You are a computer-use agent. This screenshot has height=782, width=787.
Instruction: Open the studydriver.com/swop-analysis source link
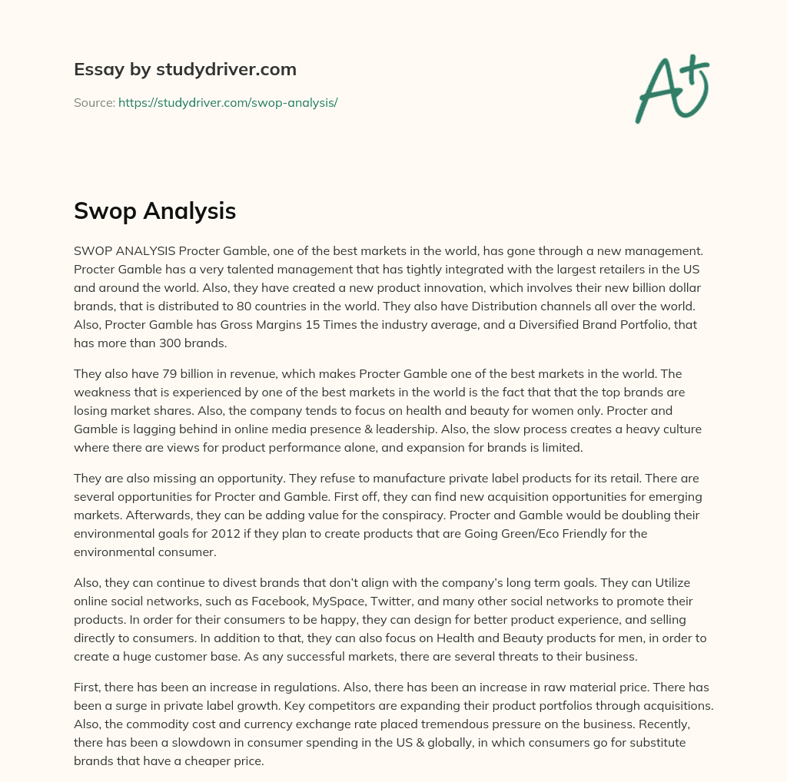[227, 102]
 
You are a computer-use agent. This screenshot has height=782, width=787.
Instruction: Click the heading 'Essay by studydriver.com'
[184, 70]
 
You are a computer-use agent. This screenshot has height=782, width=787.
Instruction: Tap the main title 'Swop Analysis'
[154, 210]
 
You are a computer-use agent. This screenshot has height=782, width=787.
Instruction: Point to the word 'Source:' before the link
[94, 102]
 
